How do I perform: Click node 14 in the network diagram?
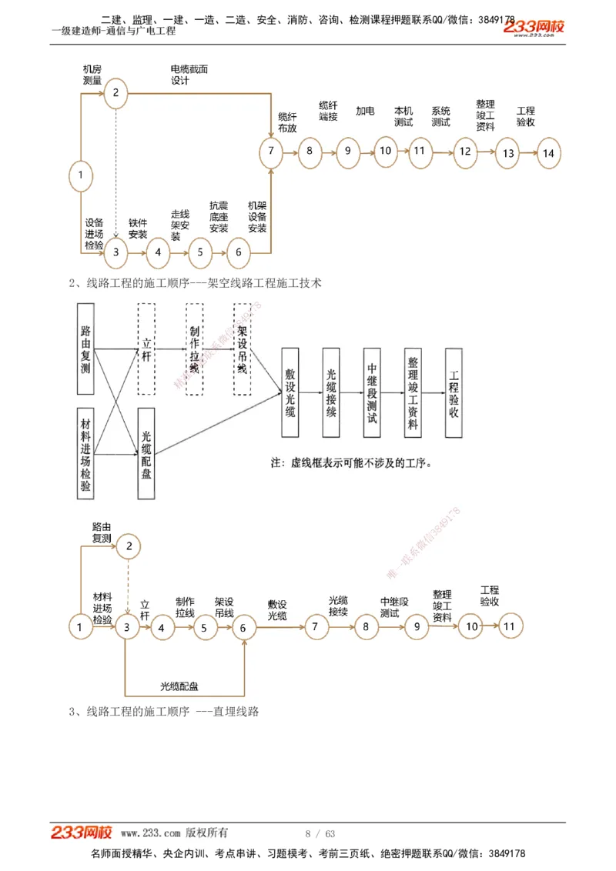point(548,153)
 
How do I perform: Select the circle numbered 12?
point(465,152)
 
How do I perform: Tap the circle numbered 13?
point(508,153)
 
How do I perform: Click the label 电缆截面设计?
point(189,75)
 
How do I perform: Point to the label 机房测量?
point(92,75)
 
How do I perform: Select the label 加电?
point(365,112)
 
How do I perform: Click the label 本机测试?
point(403,116)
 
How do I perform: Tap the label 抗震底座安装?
point(219,217)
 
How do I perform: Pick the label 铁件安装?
point(138,229)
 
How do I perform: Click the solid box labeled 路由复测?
point(85,349)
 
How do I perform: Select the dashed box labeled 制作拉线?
point(195,349)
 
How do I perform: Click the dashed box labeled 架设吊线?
point(243,349)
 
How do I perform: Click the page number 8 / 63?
point(320,834)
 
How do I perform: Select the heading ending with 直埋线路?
point(163,712)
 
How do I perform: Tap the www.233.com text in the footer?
point(150,833)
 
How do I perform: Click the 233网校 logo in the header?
point(535,28)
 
